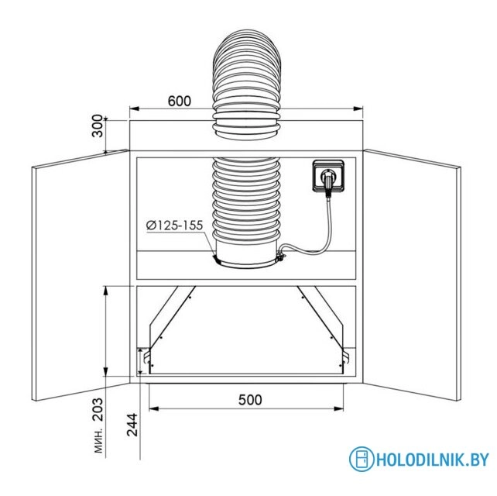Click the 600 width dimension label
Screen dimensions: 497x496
click(x=180, y=101)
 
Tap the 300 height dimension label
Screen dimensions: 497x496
click(x=98, y=126)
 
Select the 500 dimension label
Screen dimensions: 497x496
click(x=250, y=400)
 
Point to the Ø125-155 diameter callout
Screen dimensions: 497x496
click(x=174, y=225)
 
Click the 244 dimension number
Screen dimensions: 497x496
click(x=132, y=425)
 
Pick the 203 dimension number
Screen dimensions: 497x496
click(x=98, y=409)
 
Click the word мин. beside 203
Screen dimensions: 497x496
click(x=99, y=442)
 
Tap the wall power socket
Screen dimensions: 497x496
click(x=328, y=176)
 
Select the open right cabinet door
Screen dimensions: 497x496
click(x=412, y=275)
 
